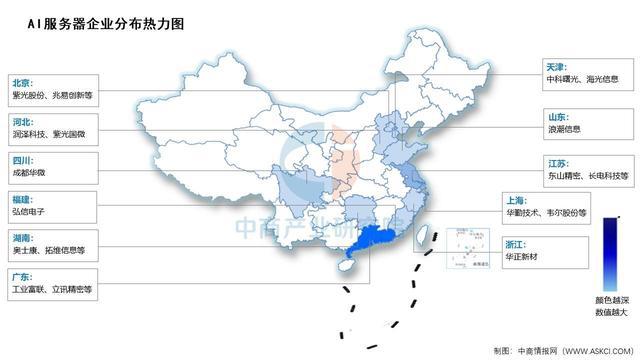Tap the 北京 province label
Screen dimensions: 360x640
(x=21, y=83)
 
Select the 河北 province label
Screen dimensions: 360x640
(x=21, y=121)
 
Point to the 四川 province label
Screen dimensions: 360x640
(x=21, y=159)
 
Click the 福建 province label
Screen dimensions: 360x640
(x=21, y=198)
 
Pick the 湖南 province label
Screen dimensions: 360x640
(x=21, y=237)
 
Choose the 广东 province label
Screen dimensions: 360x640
(x=21, y=276)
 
